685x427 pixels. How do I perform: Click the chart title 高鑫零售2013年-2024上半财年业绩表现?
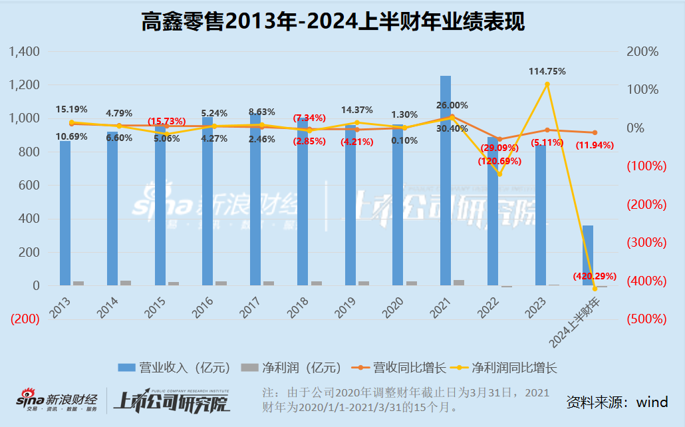pos(333,22)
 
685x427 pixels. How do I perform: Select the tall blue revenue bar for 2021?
pos(446,180)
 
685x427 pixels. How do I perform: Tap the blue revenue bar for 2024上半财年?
pos(588,255)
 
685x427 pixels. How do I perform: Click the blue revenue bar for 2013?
pos(65,213)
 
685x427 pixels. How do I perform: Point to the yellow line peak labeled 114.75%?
pos(547,84)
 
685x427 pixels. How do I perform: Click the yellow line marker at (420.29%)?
pos(595,288)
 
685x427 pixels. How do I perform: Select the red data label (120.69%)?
pos(499,161)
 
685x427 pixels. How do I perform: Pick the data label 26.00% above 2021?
pos(452,105)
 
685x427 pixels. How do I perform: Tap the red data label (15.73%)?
pos(166,120)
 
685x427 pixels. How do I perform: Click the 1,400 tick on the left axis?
pos(25,52)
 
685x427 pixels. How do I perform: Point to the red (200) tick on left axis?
pos(24,319)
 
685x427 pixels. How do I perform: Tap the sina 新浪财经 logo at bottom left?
pos(57,400)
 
